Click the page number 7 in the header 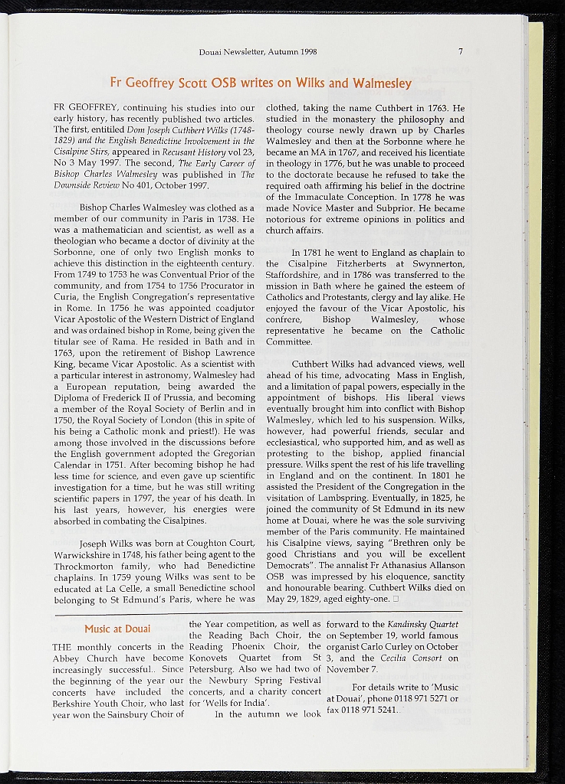461,52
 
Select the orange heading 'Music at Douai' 117,629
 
